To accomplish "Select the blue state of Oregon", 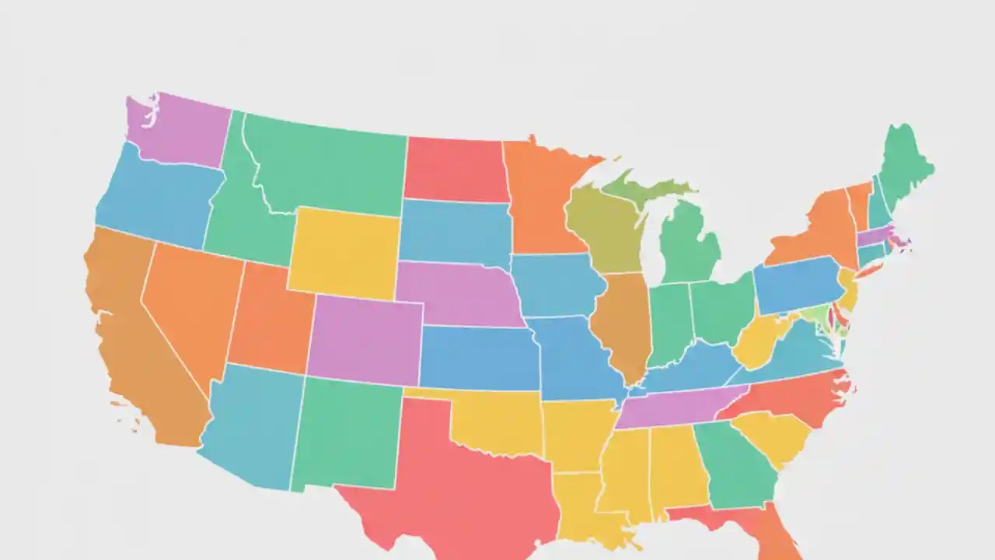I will (x=159, y=198).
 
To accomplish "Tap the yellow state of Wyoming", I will (x=344, y=251).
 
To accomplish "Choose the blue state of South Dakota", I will (x=455, y=232).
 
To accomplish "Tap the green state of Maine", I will (x=902, y=163).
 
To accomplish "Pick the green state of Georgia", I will (x=735, y=463).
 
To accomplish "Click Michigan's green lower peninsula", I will (x=688, y=245).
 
